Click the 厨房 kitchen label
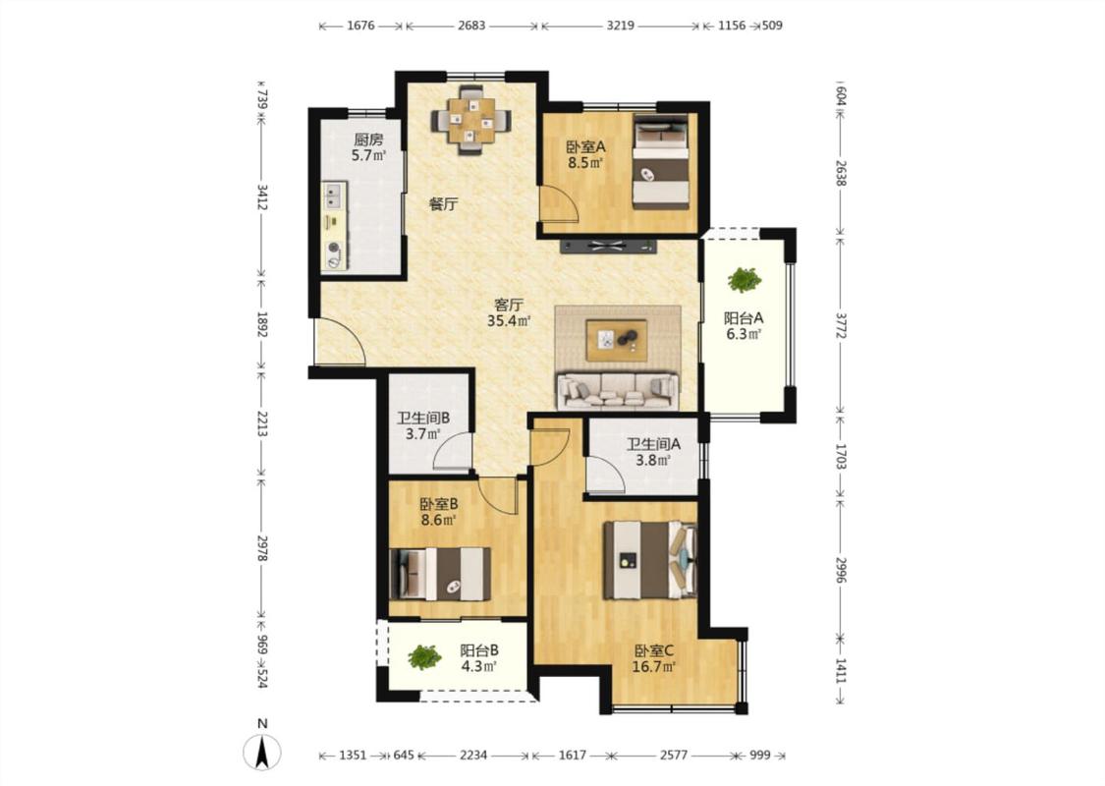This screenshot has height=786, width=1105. tap(368, 140)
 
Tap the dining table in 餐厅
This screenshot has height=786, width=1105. tap(470, 121)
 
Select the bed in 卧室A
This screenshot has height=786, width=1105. tap(660, 161)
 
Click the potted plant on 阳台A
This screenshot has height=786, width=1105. tap(745, 280)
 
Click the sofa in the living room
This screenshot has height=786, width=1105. tap(618, 391)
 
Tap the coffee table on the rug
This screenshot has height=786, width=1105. tap(617, 340)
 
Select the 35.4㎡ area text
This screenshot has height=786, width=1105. tap(509, 321)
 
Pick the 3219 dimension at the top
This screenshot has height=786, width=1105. tap(620, 26)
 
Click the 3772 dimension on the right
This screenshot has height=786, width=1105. tap(840, 325)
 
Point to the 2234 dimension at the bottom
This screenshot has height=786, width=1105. tap(473, 755)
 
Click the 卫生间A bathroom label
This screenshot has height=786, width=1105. tap(653, 444)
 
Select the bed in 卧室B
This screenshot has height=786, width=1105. tap(440, 574)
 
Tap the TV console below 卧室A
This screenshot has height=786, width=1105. tap(608, 246)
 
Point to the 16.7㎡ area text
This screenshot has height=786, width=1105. tap(654, 666)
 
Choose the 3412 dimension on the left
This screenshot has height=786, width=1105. tap(261, 198)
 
